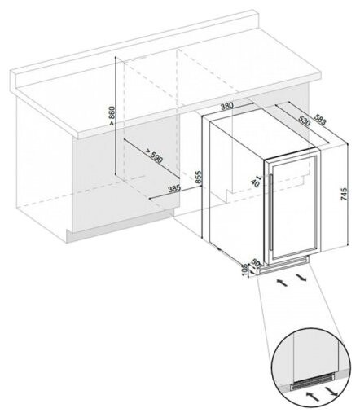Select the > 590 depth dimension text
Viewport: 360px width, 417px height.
click(x=154, y=156)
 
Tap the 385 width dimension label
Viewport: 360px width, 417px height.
click(x=174, y=189)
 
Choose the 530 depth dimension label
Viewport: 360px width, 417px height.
click(x=303, y=121)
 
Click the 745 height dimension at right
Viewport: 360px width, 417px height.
click(x=344, y=195)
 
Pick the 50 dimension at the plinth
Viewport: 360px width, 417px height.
click(x=255, y=265)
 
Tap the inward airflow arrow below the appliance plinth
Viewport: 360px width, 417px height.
click(x=282, y=281)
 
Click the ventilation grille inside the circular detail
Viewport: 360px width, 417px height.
click(x=314, y=382)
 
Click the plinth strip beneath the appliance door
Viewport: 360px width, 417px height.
click(x=289, y=264)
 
